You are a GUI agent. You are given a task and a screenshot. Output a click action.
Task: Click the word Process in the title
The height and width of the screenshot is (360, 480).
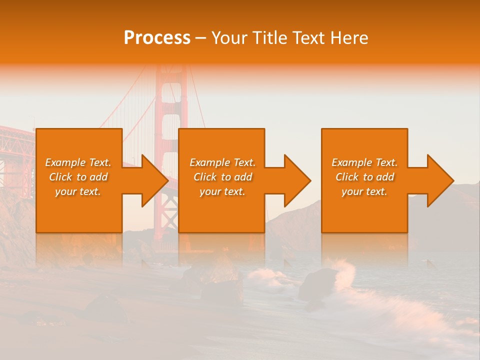(157, 38)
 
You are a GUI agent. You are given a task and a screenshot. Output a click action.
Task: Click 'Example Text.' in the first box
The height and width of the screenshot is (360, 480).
(78, 162)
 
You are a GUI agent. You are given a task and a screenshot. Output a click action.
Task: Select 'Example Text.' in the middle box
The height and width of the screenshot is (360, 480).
(222, 162)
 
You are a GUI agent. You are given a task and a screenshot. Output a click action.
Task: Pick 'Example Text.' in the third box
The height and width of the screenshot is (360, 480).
(364, 162)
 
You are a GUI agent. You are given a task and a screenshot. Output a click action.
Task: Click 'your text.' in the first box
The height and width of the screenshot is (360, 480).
(78, 191)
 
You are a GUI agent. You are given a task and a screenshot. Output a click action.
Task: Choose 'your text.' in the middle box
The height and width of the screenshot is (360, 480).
(222, 191)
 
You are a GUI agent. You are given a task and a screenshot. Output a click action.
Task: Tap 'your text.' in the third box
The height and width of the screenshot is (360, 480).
(364, 191)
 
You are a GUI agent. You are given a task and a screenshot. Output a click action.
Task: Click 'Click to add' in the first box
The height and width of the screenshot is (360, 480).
(78, 177)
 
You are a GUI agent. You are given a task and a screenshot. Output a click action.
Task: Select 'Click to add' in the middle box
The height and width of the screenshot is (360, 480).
(222, 177)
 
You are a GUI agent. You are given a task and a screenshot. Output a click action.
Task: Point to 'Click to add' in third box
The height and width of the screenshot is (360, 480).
(364, 177)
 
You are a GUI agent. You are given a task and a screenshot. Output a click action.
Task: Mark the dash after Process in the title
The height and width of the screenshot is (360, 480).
(201, 38)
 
